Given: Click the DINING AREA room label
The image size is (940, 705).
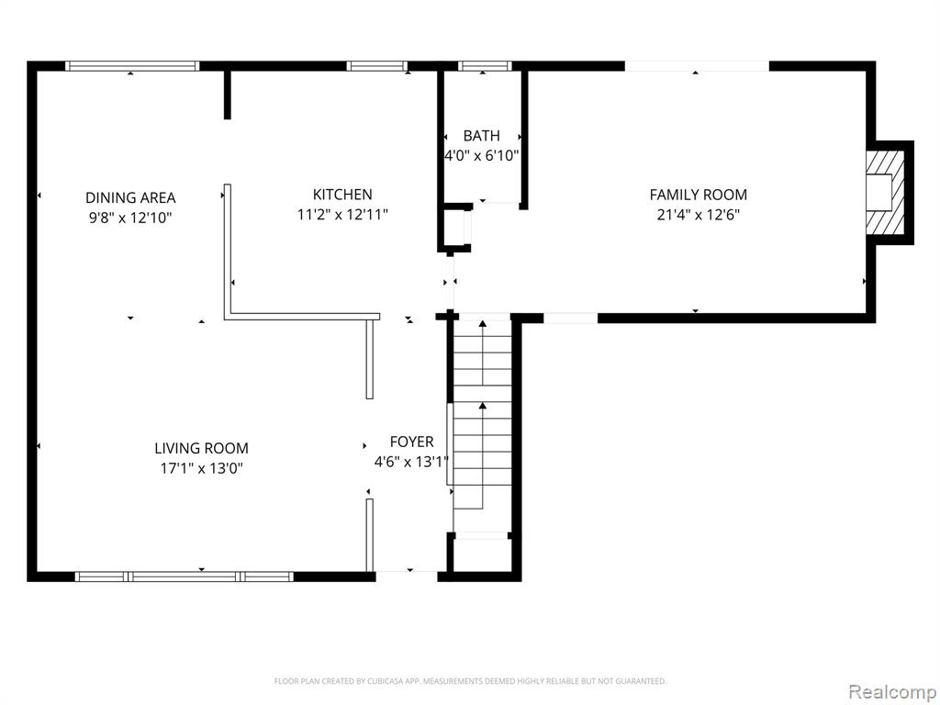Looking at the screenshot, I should [x=130, y=197].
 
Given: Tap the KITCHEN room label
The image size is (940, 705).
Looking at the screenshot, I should [x=342, y=195].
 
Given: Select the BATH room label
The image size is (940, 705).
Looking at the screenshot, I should [x=481, y=136].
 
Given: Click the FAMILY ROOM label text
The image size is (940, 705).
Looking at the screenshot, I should [x=698, y=195].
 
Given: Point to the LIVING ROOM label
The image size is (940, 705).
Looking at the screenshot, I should [x=201, y=448].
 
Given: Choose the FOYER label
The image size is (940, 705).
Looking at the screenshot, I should [x=411, y=442].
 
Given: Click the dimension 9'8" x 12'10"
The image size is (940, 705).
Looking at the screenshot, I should [x=130, y=218].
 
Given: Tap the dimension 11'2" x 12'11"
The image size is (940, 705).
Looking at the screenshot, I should [x=342, y=215].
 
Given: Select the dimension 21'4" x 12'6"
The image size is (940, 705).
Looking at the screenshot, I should [x=698, y=215].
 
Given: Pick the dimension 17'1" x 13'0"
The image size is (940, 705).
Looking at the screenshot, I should [x=201, y=468].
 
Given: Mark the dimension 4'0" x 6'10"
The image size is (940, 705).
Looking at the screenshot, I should [x=482, y=156].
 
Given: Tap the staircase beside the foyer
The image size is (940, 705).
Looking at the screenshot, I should [x=482, y=422].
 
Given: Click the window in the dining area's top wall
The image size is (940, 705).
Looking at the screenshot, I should [x=132, y=66].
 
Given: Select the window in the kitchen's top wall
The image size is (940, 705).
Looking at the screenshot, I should [x=376, y=66].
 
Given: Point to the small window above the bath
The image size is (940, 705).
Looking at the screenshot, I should [x=484, y=66].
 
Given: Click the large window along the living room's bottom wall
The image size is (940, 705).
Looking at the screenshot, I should [x=184, y=576].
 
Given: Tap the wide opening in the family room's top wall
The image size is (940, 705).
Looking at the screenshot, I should [x=697, y=66].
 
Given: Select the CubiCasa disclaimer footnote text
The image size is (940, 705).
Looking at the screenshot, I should [x=470, y=681].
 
